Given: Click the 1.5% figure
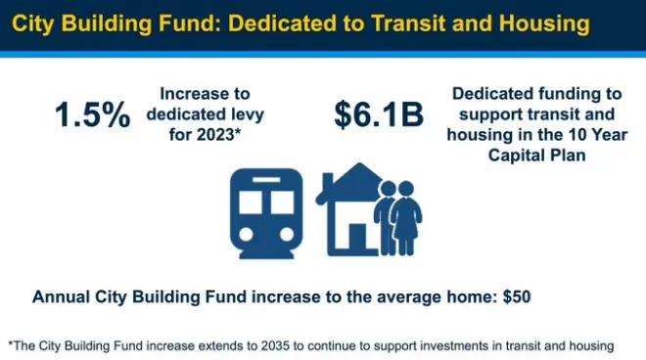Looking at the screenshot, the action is pos(93,114).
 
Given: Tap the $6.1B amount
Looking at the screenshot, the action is pos(379,114).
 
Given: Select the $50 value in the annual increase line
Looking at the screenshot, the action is pos(517,296).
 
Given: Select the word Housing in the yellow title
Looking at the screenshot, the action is pos(544,23).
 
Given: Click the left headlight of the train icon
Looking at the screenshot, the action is pos(246,235).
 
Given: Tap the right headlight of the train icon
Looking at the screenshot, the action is pos(287,235).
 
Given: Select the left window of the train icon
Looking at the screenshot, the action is pos(251,202).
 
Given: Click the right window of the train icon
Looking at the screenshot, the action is pos(282,202).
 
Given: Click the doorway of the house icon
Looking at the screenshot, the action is pos(357,238).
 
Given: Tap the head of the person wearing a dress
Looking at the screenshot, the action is pos(406,189).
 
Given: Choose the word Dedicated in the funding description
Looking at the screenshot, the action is pos(485,94).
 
